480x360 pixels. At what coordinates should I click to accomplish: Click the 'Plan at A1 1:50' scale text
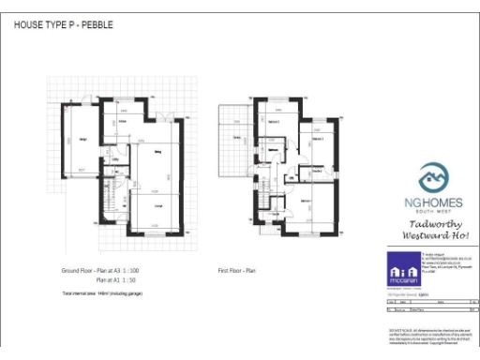point(119,279)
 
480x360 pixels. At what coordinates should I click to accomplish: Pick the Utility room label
point(115,160)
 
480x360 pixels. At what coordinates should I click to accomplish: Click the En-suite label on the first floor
point(318,172)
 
